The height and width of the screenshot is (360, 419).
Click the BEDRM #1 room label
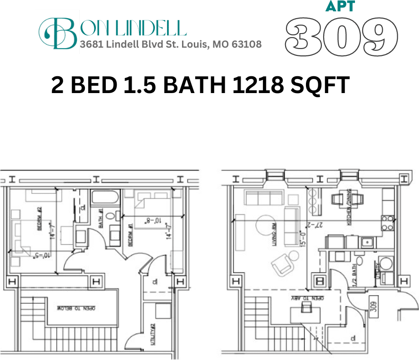click(x=130, y=235)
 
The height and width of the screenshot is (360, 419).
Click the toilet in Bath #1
click(x=111, y=218)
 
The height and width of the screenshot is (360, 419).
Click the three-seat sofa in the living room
click(x=263, y=197)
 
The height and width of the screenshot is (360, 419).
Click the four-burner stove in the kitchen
click(x=387, y=223)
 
